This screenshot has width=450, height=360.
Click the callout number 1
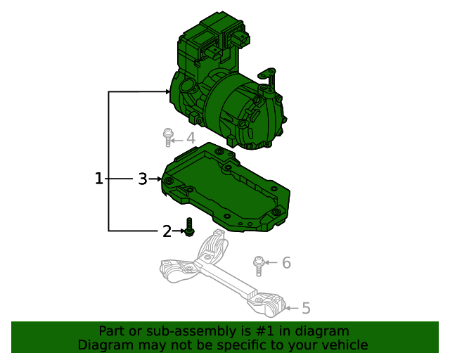coord(99,179)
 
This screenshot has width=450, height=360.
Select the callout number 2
coord(167,231)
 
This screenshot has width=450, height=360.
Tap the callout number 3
coord(142,179)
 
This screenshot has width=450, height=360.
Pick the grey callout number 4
coord(190,139)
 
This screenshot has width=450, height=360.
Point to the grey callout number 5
coord(306,308)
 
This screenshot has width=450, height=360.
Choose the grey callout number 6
coord(286,263)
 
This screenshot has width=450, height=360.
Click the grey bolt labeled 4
coord(168,136)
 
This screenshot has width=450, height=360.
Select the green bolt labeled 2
coord(188,227)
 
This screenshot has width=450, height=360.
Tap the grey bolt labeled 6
coord(259,266)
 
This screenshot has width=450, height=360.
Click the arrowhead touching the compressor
coord(168,91)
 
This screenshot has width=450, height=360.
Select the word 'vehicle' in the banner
coord(344,345)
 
